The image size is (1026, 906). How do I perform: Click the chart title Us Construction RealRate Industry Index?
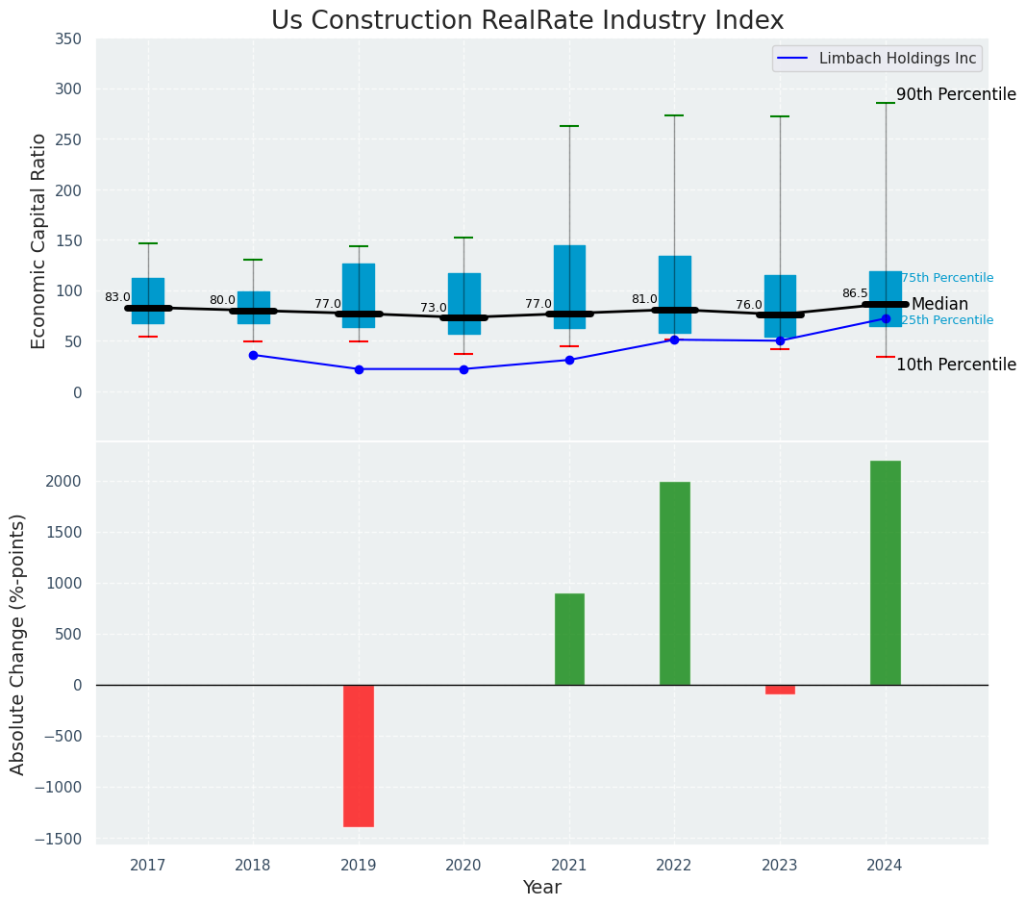(x=527, y=20)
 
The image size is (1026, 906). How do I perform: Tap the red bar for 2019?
(x=359, y=755)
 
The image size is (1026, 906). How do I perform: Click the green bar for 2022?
(x=674, y=583)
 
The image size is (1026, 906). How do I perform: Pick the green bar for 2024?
(x=885, y=572)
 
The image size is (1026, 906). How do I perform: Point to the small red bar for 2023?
(x=780, y=689)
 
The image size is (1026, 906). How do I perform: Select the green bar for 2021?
(x=569, y=639)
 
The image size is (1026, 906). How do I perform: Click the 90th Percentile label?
(x=956, y=94)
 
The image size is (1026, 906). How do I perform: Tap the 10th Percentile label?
(x=956, y=365)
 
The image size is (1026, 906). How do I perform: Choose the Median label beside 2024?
(x=939, y=304)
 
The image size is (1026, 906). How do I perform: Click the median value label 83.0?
(x=117, y=298)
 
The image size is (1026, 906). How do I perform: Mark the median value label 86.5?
(x=855, y=293)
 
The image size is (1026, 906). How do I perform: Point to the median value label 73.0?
(x=433, y=308)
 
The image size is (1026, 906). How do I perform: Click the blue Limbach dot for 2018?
(x=253, y=355)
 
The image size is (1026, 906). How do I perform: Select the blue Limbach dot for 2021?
(x=569, y=360)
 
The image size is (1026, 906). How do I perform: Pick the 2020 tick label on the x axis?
(x=463, y=866)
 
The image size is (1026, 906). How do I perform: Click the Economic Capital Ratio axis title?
(x=39, y=240)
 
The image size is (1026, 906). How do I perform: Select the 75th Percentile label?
(x=947, y=278)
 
